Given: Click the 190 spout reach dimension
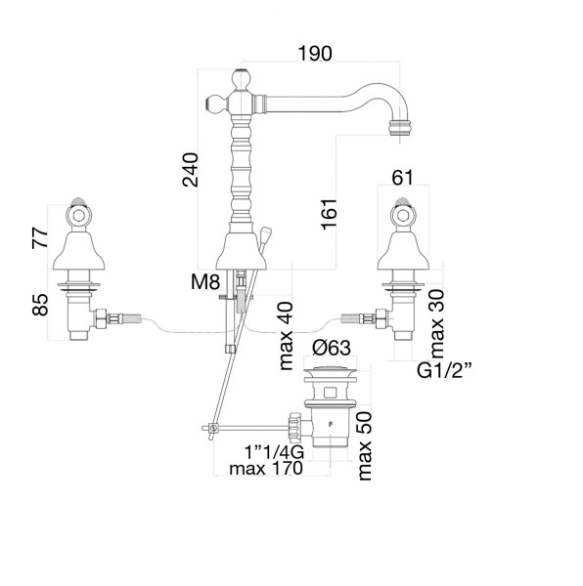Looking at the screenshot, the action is (x=315, y=54).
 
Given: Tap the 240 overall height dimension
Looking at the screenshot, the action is (x=191, y=169).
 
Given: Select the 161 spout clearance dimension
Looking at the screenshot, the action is (x=329, y=214).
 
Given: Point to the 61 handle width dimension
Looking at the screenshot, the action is (x=402, y=178).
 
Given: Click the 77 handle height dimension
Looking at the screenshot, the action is (x=40, y=237).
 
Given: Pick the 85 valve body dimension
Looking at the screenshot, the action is (x=40, y=305).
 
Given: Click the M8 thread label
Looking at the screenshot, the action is (x=205, y=282).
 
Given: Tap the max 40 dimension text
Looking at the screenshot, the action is (x=286, y=336).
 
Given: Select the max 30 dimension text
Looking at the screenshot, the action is (x=436, y=323).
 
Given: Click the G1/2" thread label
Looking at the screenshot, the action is (x=444, y=371).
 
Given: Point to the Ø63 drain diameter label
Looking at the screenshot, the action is (x=332, y=348).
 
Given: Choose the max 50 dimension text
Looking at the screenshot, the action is (x=365, y=446).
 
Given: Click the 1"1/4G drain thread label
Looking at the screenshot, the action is (x=274, y=452).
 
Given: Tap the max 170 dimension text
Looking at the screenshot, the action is (x=266, y=468).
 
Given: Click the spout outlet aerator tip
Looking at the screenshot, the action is (x=400, y=127).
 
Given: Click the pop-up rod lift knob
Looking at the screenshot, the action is (x=265, y=234).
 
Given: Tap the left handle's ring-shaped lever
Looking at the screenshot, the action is (x=78, y=216).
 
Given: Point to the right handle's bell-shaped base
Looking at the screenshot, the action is (x=403, y=251).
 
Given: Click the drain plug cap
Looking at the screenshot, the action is (x=330, y=372).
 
